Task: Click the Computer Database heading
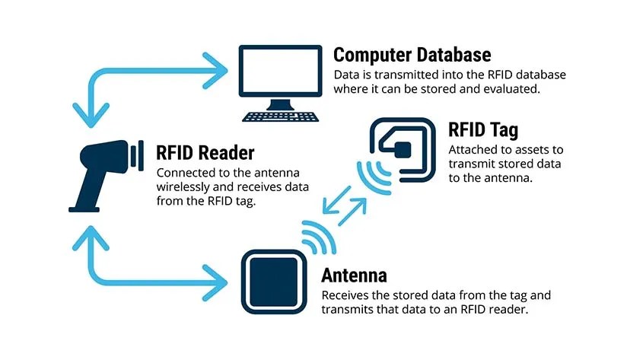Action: [412, 55]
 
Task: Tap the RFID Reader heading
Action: [205, 151]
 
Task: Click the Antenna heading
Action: [354, 276]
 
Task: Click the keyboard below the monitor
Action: [280, 116]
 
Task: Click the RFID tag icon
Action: [402, 149]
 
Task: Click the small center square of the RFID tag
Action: [402, 149]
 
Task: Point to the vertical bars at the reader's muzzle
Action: [137, 155]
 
